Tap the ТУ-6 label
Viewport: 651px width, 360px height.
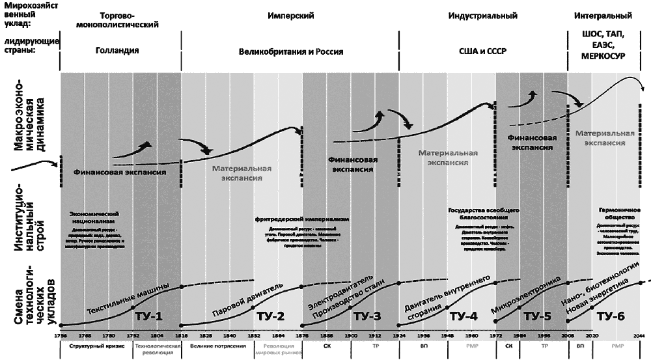click(x=610, y=316)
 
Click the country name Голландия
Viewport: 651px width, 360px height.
click(x=117, y=50)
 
